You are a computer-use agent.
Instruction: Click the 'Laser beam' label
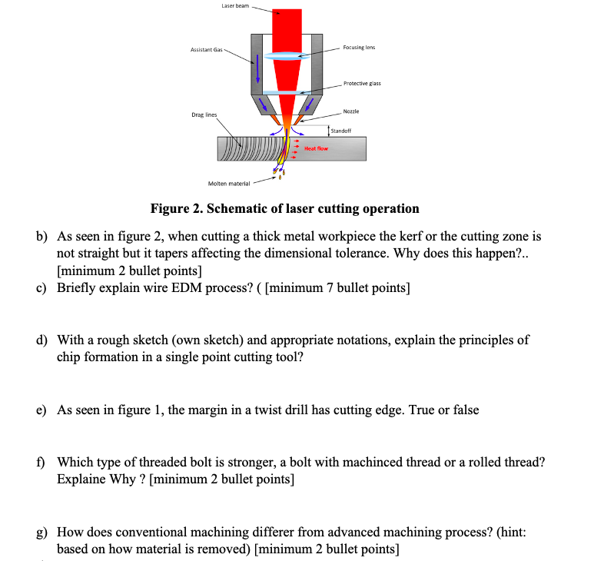coord(234,6)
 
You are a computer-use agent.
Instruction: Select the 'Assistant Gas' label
coord(206,49)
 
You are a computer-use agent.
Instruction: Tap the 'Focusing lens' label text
coord(359,47)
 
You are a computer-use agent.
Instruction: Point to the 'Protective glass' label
coord(362,83)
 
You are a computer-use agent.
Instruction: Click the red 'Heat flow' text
coord(317,148)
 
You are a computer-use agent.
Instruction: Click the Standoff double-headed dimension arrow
coord(330,131)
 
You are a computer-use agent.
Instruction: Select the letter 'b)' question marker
coord(44,237)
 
